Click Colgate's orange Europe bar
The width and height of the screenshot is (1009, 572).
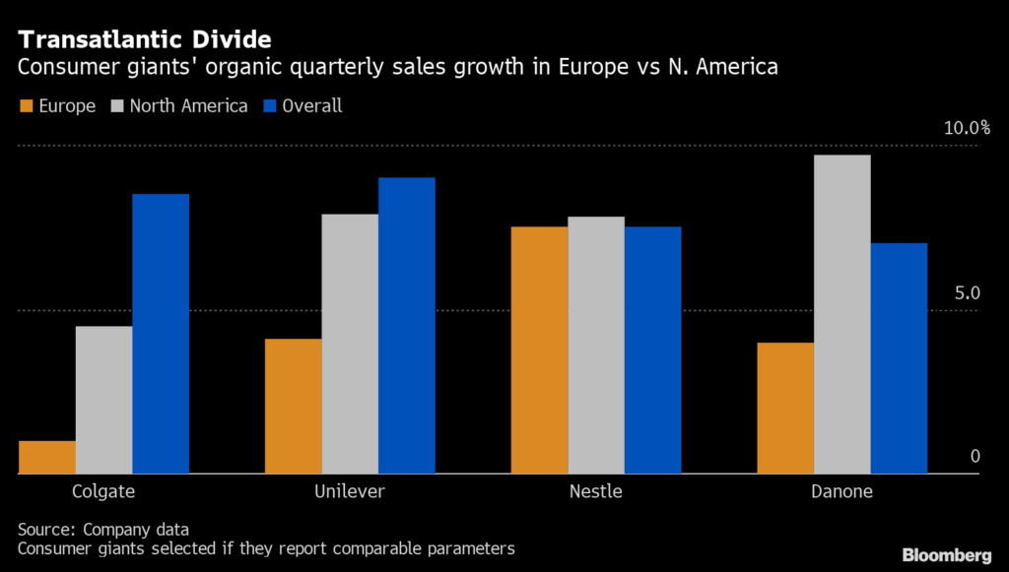(47, 458)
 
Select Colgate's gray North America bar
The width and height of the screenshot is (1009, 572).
(103, 401)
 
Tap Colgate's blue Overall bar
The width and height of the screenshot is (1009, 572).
(161, 335)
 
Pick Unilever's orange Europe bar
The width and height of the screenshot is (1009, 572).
(293, 407)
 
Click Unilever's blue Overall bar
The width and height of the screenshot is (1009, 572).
(407, 326)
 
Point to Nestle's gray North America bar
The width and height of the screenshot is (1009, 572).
(596, 346)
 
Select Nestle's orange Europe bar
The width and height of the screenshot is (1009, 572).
(539, 350)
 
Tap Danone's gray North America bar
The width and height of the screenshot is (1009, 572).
(842, 315)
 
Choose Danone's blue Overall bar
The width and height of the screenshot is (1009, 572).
(900, 358)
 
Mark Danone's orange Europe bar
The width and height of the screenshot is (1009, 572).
(785, 409)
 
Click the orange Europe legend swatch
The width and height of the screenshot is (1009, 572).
(27, 106)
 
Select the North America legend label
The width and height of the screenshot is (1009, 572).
(187, 106)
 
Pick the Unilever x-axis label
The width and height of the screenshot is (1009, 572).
(351, 491)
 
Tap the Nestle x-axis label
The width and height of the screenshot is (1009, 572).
(595, 491)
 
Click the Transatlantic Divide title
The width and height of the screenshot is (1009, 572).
(144, 41)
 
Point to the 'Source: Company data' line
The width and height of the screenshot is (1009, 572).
(103, 530)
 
